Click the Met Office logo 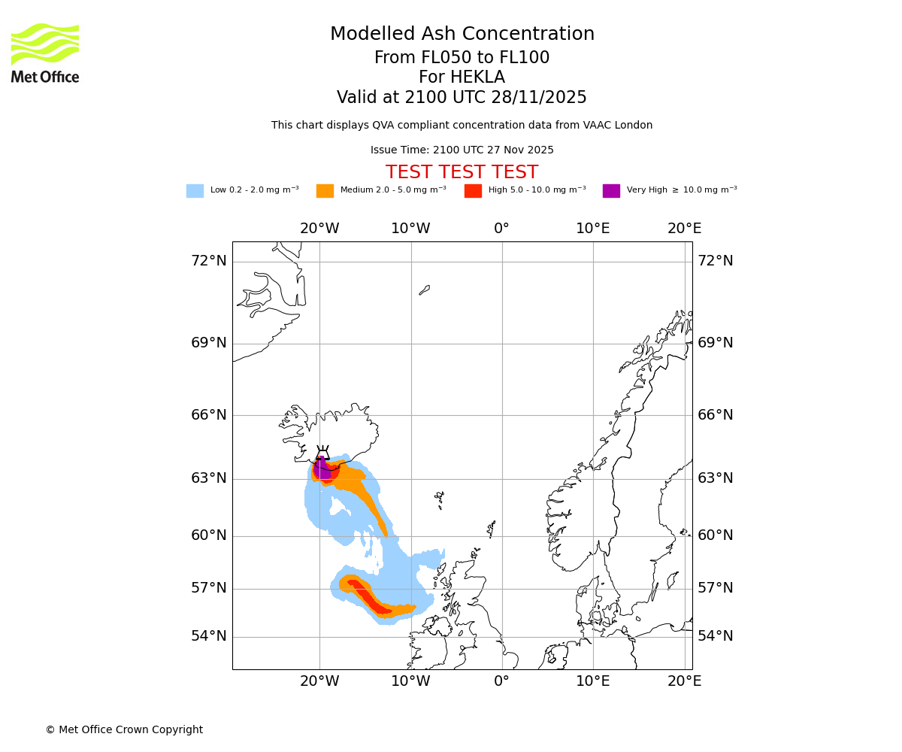45,53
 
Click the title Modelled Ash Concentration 462,34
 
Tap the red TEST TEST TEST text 462,172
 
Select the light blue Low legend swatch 195,190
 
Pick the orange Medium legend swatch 325,190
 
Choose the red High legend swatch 473,190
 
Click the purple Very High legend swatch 611,190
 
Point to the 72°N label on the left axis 208,261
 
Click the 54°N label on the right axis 716,636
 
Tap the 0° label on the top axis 501,228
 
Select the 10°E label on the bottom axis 593,681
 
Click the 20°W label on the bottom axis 319,681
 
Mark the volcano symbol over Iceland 322,453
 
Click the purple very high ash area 322,471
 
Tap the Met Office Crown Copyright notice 124,729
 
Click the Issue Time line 462,150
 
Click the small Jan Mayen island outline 425,290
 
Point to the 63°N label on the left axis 208,478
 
